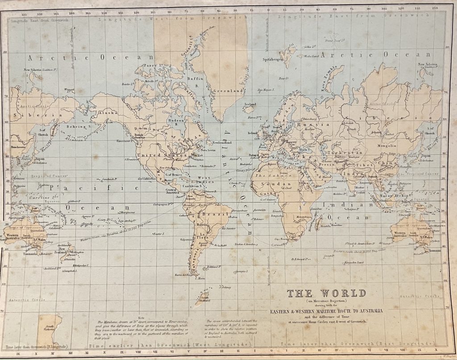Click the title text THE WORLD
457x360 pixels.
point(326,294)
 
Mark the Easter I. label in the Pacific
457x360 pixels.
point(159,234)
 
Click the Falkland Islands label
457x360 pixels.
point(215,267)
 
